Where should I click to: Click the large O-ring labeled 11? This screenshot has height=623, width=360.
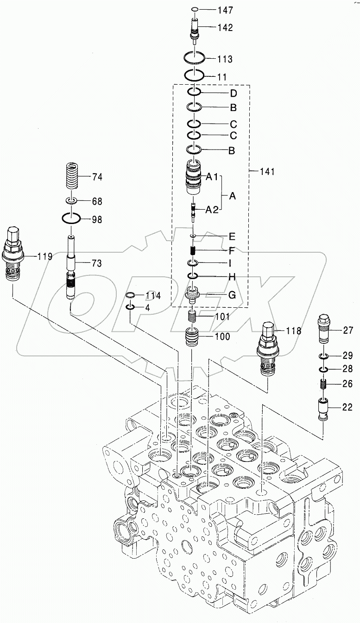click(x=194, y=75)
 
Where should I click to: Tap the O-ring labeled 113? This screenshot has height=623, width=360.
click(x=194, y=59)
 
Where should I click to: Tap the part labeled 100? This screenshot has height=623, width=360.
click(x=194, y=337)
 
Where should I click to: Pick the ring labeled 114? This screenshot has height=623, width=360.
click(x=131, y=295)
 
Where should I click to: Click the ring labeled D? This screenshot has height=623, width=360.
click(x=194, y=93)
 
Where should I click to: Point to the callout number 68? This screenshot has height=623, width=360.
click(x=97, y=201)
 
